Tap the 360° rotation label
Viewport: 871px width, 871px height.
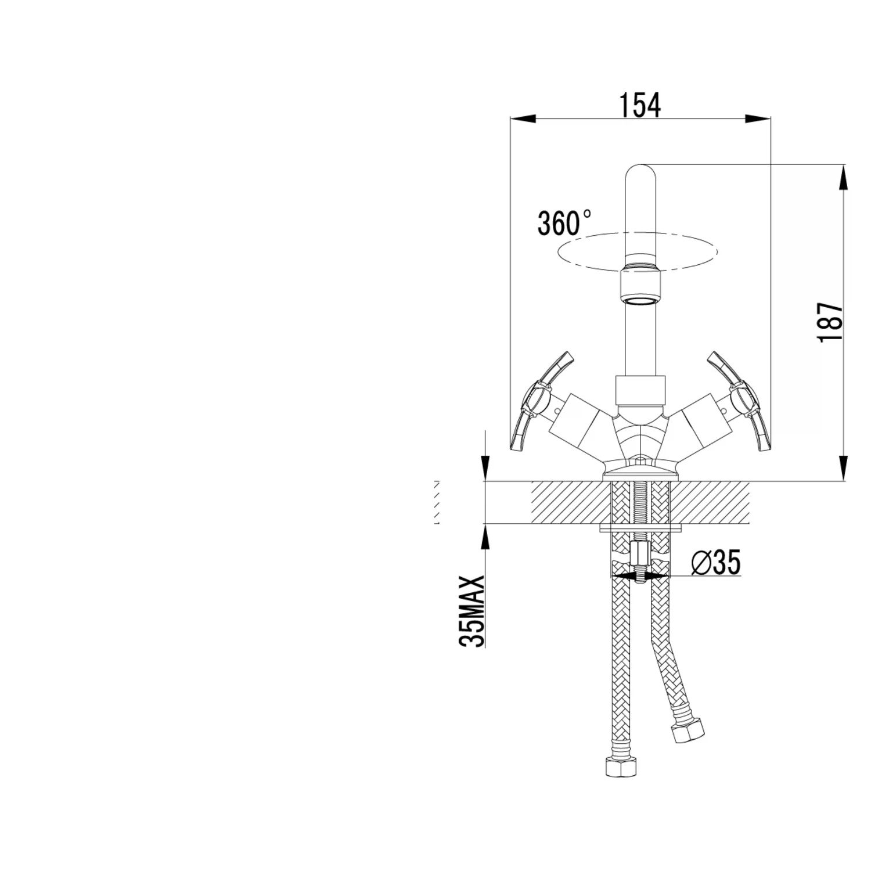564,222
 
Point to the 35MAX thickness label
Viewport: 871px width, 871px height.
471,610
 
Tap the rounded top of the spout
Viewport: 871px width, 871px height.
640,174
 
